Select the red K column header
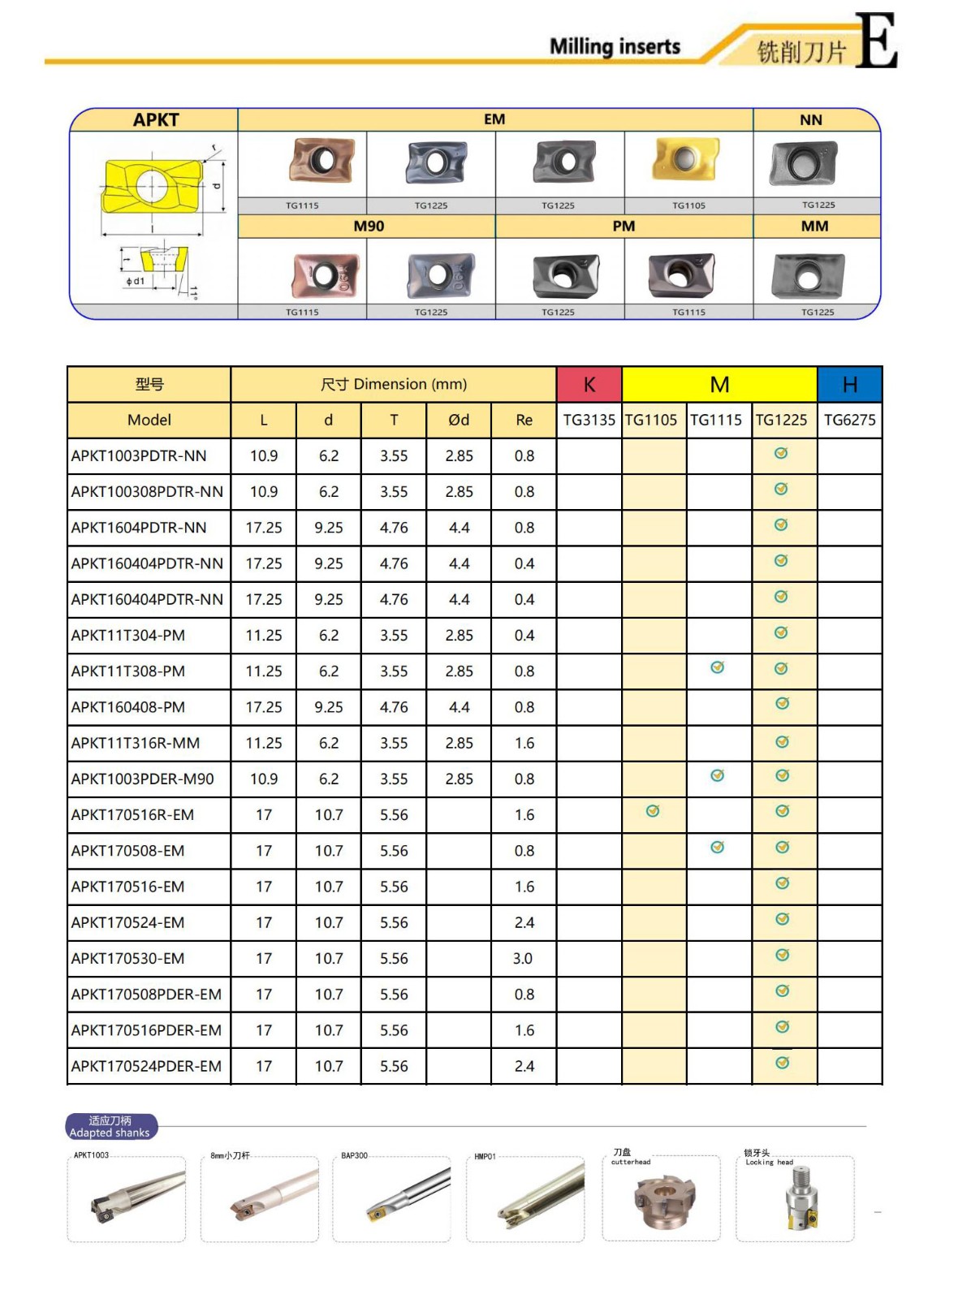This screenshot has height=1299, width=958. (589, 385)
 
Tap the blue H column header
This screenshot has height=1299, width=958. (849, 385)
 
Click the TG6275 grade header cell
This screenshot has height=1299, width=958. (849, 420)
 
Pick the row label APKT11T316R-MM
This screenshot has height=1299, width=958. (136, 743)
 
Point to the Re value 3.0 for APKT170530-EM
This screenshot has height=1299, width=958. (523, 958)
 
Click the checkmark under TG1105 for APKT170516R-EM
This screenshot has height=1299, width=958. (653, 811)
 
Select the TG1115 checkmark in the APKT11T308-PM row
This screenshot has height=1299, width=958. (717, 667)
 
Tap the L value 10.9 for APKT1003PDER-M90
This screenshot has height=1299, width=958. (264, 779)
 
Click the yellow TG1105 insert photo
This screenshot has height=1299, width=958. (687, 160)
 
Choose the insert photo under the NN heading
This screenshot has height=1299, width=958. (803, 162)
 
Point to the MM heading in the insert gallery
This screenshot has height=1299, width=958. (814, 227)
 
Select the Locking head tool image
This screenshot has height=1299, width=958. (797, 1202)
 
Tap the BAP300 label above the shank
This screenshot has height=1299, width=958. (354, 1155)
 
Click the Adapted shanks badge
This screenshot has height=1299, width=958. (110, 1127)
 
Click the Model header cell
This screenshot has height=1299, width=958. (149, 420)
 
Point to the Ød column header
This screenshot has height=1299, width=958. (459, 420)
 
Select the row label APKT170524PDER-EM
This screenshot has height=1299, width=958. (146, 1066)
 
